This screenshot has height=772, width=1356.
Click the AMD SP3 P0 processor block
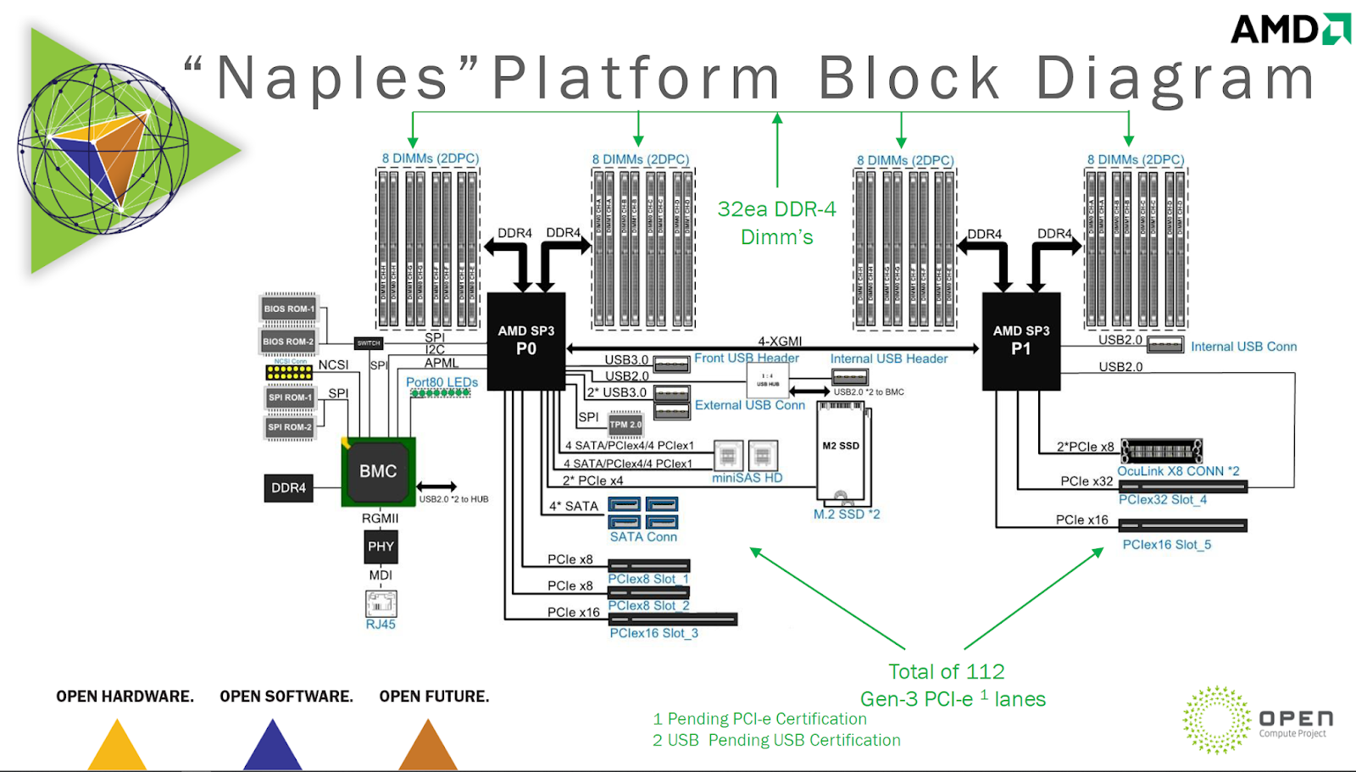pyautogui.click(x=525, y=341)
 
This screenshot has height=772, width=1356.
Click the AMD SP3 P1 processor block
pyautogui.click(x=1020, y=341)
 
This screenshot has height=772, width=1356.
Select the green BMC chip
pyautogui.click(x=378, y=471)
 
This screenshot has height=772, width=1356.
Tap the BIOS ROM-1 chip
pyautogui.click(x=288, y=308)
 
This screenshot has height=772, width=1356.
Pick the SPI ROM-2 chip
pyautogui.click(x=290, y=427)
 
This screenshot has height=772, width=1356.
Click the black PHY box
pyautogui.click(x=381, y=547)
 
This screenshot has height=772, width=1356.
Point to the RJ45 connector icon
pyautogui.click(x=381, y=603)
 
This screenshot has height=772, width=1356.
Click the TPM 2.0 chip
pyautogui.click(x=625, y=425)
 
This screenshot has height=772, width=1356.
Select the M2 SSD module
pyautogui.click(x=841, y=453)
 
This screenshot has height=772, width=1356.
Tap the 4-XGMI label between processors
pyautogui.click(x=780, y=341)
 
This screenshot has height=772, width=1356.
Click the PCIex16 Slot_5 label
pyautogui.click(x=1166, y=544)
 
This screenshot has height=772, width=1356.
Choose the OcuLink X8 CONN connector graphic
pyautogui.click(x=1161, y=450)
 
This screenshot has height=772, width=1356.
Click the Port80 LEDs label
pyautogui.click(x=442, y=382)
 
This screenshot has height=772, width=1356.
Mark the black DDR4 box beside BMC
pyautogui.click(x=288, y=488)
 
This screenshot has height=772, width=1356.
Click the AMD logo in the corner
pyautogui.click(x=1289, y=30)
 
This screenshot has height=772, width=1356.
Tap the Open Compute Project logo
pyautogui.click(x=1258, y=720)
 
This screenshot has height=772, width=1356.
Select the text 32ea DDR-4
pyautogui.click(x=776, y=209)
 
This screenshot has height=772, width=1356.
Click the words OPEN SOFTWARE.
pyautogui.click(x=286, y=697)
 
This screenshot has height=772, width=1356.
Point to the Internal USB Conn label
pyautogui.click(x=1243, y=347)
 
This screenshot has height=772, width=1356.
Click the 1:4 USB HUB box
pyautogui.click(x=767, y=380)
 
